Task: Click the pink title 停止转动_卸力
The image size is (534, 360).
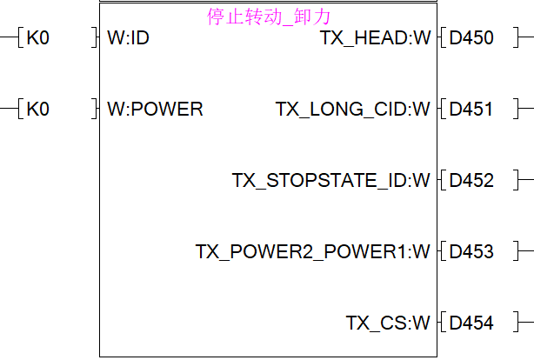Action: tap(270, 17)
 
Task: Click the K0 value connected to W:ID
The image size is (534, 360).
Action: tap(38, 38)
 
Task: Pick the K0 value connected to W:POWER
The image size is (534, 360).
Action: tap(38, 110)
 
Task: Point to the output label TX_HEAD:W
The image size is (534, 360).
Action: tap(375, 38)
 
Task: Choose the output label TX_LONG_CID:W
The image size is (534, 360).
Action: tap(353, 110)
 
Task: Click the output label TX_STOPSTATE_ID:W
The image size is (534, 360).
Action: tap(331, 181)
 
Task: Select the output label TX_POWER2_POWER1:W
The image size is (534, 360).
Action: tap(313, 252)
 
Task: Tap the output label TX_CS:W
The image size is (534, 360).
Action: tap(388, 323)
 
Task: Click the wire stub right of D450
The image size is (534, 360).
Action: tap(524, 38)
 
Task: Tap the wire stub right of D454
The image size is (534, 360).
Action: tap(524, 323)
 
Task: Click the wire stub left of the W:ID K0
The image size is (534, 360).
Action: tap(9, 38)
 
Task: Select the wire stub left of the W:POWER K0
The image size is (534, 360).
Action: tap(9, 110)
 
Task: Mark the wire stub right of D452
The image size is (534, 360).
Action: tap(524, 181)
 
